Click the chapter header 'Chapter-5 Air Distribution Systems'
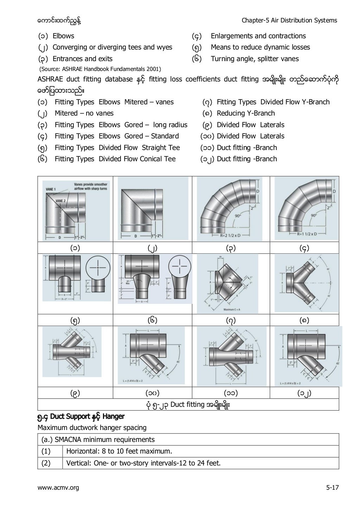tap(289, 20)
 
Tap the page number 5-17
tap(332, 487)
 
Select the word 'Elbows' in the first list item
tap(63, 36)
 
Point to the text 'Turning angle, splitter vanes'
tap(255, 59)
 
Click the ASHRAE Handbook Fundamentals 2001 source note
tap(99, 69)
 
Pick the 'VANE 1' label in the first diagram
tap(51, 189)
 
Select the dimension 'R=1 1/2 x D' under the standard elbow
tap(306, 234)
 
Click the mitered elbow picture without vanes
tap(153, 209)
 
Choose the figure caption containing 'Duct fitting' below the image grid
tap(188, 405)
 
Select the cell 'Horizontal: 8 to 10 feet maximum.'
tap(119, 451)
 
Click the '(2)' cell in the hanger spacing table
tap(46, 463)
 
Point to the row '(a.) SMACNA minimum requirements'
tap(98, 439)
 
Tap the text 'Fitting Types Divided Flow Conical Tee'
tap(115, 159)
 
